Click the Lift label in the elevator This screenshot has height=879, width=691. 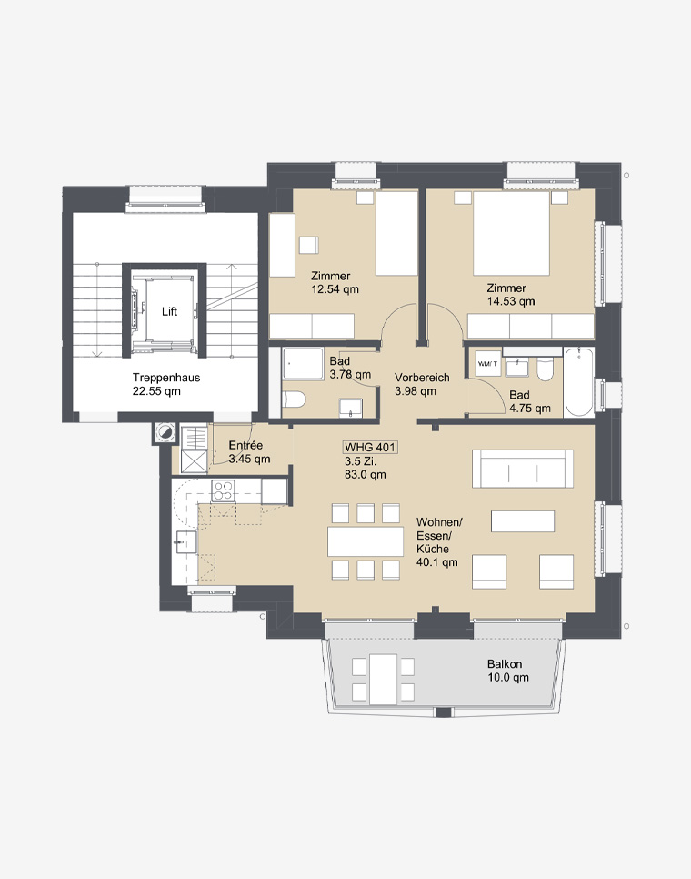pyautogui.click(x=169, y=312)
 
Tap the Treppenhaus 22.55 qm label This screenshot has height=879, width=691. pyautogui.click(x=165, y=384)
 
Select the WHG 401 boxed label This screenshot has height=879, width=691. pyautogui.click(x=370, y=448)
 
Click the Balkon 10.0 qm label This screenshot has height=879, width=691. pyautogui.click(x=507, y=671)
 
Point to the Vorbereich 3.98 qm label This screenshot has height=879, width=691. pyautogui.click(x=422, y=384)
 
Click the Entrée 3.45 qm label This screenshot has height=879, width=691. pyautogui.click(x=249, y=452)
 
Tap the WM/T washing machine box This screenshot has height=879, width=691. pyautogui.click(x=487, y=364)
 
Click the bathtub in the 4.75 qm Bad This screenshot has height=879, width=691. pyautogui.click(x=579, y=382)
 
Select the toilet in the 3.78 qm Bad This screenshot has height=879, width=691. pyautogui.click(x=295, y=399)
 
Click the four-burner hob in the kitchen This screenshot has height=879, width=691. pyautogui.click(x=223, y=491)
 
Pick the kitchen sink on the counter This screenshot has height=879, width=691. pyautogui.click(x=185, y=542)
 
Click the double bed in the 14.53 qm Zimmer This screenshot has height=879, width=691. pyautogui.click(x=511, y=233)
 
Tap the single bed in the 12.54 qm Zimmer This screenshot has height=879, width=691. pyautogui.click(x=396, y=233)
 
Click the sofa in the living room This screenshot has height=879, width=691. pyautogui.click(x=523, y=469)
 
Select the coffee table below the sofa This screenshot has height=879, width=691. pyautogui.click(x=523, y=521)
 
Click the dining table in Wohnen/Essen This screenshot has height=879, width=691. pyautogui.click(x=366, y=541)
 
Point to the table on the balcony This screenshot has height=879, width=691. pyautogui.click(x=383, y=680)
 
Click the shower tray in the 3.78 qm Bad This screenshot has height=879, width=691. pyautogui.click(x=303, y=364)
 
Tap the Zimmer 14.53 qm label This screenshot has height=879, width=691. pyautogui.click(x=510, y=294)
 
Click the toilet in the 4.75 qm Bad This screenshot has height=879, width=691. pyautogui.click(x=545, y=369)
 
